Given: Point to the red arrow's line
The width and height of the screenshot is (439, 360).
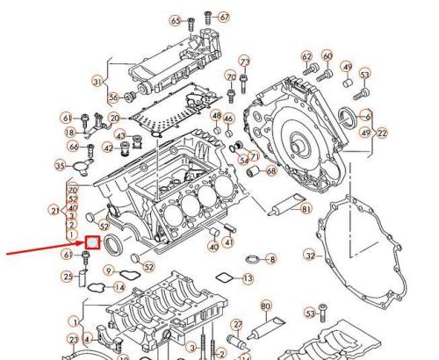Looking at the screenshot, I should (44, 249).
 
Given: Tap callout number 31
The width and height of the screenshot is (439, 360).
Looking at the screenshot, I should (97, 82).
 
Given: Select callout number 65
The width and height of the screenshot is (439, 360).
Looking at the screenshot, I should (176, 19).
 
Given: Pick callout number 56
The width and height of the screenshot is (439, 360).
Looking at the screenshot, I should (113, 97).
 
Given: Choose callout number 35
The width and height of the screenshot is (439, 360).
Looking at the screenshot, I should (60, 164).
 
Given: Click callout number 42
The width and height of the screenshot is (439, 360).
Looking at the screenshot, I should (107, 148).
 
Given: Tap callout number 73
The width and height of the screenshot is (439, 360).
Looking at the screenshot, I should (244, 61).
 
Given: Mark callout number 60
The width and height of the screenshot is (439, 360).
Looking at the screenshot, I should (327, 56).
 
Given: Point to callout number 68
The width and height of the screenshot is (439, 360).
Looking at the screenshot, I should (270, 170).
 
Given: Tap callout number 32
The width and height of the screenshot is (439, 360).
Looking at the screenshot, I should (309, 255).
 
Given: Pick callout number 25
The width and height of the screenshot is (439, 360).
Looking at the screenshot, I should (67, 277).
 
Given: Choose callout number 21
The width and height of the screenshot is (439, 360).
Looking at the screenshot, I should (55, 212).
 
